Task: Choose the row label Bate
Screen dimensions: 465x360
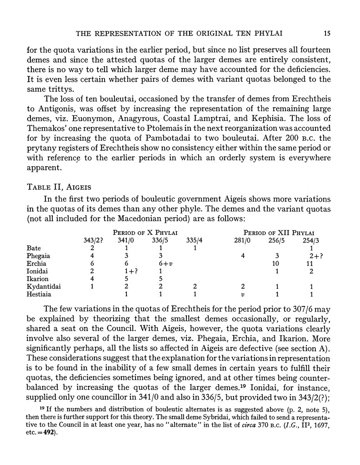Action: tap(34, 248)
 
